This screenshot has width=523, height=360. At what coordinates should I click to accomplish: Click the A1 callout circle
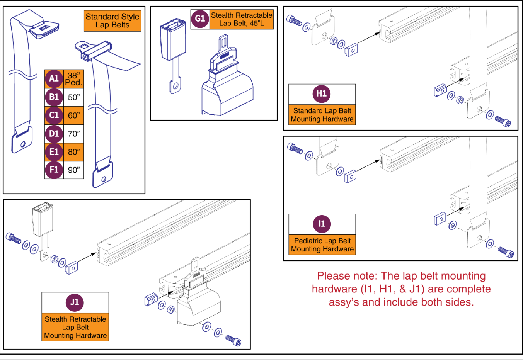pos(54,79)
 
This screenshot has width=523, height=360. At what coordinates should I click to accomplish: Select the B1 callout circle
pos(54,97)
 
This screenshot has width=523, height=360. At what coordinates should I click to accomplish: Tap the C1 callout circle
pos(54,115)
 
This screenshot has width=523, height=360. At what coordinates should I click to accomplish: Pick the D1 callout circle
pos(54,134)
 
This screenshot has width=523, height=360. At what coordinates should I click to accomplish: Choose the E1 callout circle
pos(54,152)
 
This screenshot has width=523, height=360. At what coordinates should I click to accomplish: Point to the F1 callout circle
pos(54,170)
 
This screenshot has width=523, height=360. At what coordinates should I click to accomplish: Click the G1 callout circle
pos(200,19)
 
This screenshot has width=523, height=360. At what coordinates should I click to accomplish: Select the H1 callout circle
pos(322,93)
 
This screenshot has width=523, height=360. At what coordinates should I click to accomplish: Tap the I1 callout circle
pos(322,224)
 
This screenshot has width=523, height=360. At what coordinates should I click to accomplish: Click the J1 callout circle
pos(75,302)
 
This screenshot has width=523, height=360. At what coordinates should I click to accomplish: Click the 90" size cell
pos(74,170)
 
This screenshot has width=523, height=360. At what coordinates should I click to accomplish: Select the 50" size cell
pos(74,97)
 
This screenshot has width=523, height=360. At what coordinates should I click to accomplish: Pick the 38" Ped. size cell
pos(73,79)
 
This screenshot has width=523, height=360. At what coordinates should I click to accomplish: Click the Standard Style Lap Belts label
pos(112,21)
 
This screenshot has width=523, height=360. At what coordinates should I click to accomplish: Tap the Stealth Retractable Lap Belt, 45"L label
pos(242,19)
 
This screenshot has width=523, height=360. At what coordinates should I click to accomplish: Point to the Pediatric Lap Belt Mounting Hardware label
pos(322,245)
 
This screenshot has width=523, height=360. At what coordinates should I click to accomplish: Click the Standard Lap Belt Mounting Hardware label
pos(322,115)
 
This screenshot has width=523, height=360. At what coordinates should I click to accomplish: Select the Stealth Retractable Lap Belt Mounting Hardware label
pos(75,327)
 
